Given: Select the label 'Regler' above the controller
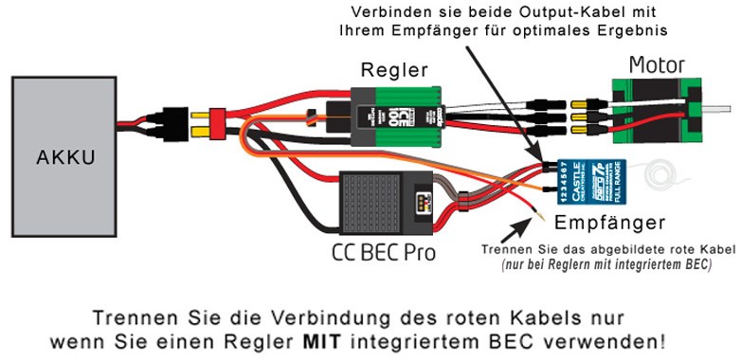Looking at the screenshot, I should click(x=393, y=70).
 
